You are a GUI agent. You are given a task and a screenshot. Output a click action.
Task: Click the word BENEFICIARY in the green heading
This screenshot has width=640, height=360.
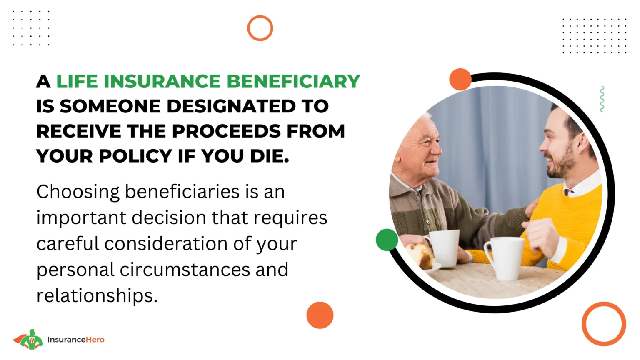tap(293, 81)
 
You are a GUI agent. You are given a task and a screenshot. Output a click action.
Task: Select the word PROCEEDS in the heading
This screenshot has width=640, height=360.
tap(226, 131)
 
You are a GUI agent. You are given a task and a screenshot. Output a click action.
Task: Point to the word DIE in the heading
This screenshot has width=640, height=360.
tap(270, 156)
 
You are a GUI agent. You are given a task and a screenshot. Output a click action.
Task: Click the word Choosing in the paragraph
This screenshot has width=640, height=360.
tap(78, 192)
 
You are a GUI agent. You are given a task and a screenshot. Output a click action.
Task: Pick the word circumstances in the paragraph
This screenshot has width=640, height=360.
tap(185, 270)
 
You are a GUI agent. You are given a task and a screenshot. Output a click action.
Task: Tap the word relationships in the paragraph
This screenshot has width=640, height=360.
tap(97, 296)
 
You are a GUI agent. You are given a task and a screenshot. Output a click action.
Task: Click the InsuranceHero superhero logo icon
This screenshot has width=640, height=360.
tap(28, 340)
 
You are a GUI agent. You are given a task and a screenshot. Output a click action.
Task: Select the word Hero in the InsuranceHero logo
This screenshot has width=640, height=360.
tap(95, 340)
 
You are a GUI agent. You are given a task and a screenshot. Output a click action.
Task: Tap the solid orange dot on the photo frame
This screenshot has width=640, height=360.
tap(460, 79)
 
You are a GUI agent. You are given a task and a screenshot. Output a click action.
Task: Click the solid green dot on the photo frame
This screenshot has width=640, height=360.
tap(387, 240)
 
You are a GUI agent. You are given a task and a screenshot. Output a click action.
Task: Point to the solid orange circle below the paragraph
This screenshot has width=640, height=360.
tap(320, 315)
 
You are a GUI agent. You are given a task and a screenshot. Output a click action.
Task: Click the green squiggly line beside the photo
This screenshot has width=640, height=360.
tap(602, 99)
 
